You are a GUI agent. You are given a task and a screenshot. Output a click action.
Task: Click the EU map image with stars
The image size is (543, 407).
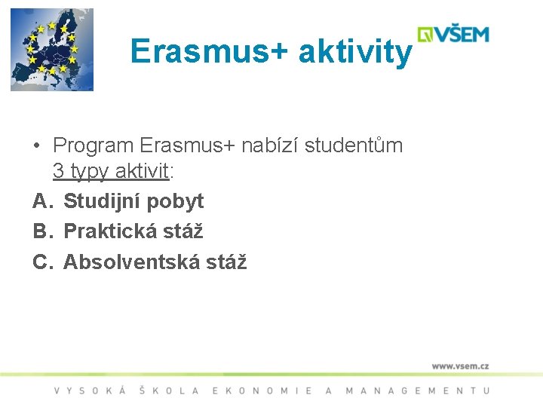[x=51, y=50]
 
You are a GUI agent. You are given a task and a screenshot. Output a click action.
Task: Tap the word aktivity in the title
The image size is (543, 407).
[x=355, y=52]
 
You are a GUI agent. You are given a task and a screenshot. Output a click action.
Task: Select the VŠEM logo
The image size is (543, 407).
[x=454, y=35]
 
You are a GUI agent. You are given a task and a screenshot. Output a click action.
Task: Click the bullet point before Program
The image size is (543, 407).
[x=36, y=145]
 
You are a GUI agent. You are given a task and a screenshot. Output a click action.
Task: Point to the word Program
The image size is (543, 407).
[x=94, y=145]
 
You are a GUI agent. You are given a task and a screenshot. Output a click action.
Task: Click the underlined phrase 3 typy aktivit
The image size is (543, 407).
[x=111, y=172]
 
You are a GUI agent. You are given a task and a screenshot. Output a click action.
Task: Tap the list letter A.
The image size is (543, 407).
[x=41, y=201]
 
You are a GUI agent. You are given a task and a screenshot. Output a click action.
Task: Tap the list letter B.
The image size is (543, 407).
[x=41, y=231]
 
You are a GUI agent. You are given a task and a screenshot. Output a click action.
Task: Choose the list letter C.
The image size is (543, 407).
[x=41, y=262]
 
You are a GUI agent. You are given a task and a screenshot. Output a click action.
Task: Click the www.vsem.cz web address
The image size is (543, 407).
[x=460, y=366]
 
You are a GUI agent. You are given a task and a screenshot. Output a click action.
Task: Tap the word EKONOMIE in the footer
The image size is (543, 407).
[x=262, y=390]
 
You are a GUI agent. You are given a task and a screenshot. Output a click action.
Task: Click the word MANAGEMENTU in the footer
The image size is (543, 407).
[x=418, y=390]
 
